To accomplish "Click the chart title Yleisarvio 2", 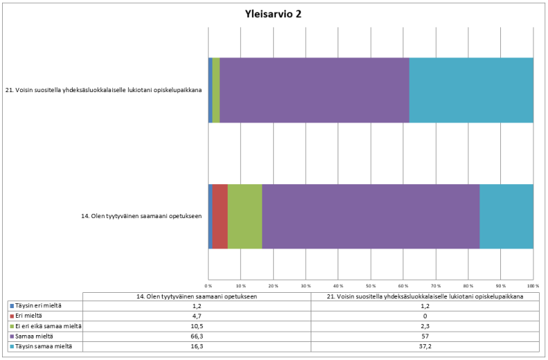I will (x=273, y=14).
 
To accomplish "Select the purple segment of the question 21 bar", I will (x=314, y=90).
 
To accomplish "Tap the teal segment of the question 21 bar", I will (x=471, y=90).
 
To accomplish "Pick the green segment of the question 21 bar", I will (x=216, y=90).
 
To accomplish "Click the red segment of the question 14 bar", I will (x=220, y=216).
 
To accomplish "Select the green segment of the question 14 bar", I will (x=245, y=216).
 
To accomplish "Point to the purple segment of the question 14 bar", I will (x=371, y=216).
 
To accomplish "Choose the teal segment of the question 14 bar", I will (x=506, y=216).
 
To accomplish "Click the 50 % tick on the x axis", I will (x=371, y=285).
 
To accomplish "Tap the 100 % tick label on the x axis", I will (x=533, y=285).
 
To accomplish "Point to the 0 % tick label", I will (x=208, y=285).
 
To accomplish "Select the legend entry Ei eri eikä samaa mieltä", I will (x=48, y=326).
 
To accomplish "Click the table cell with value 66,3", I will (x=197, y=336).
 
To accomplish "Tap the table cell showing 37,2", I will (x=425, y=346).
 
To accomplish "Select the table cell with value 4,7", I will (x=197, y=316).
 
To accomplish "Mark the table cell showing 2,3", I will (x=425, y=326).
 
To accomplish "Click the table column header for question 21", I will (x=425, y=296).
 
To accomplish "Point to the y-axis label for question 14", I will (x=142, y=216).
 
